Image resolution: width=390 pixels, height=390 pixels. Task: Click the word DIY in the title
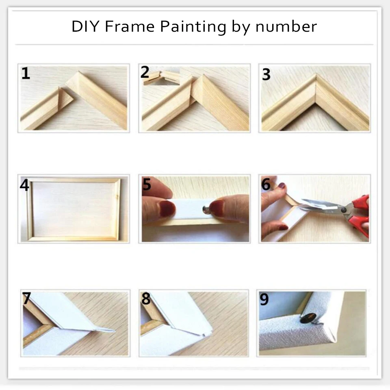click(x=85, y=27)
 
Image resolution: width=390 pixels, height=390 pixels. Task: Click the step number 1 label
click(x=26, y=74)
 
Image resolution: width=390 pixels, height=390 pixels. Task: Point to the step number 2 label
click(x=145, y=72)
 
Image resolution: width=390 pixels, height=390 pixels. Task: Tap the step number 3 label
click(x=266, y=74)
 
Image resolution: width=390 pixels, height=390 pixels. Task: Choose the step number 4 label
click(x=25, y=185)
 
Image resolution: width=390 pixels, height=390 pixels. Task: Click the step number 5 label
click(x=147, y=184)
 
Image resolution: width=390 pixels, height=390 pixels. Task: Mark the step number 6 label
click(x=266, y=184)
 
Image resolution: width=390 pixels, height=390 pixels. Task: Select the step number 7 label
click(x=26, y=299)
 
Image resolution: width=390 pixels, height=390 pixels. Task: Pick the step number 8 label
click(x=145, y=299)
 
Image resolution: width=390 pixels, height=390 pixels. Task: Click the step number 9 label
click(x=264, y=299)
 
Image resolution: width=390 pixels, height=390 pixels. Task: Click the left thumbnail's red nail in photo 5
click(x=167, y=209)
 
